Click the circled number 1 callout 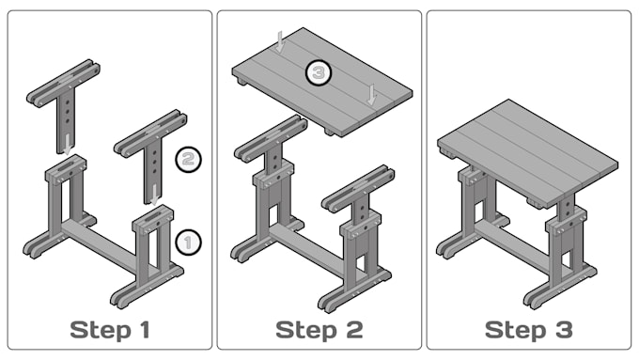(x=188, y=243)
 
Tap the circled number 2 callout (x=188, y=159)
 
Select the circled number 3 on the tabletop (x=319, y=73)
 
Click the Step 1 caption (x=110, y=330)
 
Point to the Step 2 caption (x=319, y=330)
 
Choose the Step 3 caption (x=528, y=330)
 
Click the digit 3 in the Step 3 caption (x=564, y=330)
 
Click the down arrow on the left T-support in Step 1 (x=67, y=145)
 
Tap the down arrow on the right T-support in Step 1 (x=154, y=195)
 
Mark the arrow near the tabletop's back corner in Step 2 (x=280, y=41)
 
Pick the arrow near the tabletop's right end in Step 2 (x=371, y=94)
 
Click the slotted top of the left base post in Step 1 (x=65, y=165)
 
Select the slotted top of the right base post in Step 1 (x=153, y=216)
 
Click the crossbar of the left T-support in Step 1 (x=63, y=83)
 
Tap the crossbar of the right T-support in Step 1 (x=150, y=133)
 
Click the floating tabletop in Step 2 (x=322, y=82)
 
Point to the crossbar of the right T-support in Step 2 (x=359, y=189)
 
